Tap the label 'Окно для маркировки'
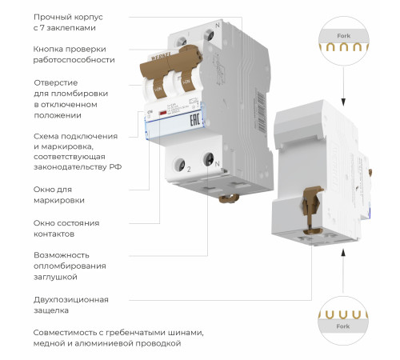click(x=59, y=194)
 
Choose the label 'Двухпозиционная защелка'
click(x=70, y=304)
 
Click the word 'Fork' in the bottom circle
click(x=343, y=326)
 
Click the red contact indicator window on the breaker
click(x=164, y=118)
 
